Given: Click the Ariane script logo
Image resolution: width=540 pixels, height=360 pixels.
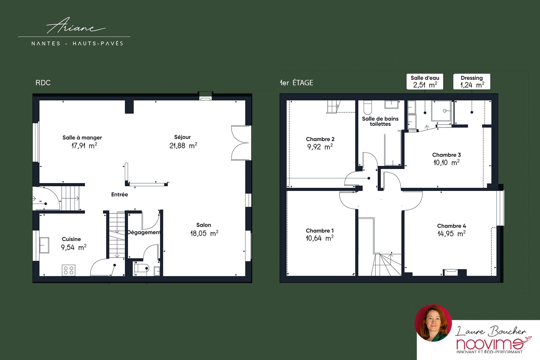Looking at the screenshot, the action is pyautogui.click(x=76, y=26).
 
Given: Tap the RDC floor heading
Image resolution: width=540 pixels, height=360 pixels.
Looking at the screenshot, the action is pyautogui.click(x=43, y=83).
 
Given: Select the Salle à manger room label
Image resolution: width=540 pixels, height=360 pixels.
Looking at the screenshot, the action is pyautogui.click(x=82, y=138).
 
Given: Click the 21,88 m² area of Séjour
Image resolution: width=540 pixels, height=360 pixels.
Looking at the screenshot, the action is pyautogui.click(x=183, y=145).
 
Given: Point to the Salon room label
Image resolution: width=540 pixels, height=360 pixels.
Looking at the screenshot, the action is pyautogui.click(x=204, y=225).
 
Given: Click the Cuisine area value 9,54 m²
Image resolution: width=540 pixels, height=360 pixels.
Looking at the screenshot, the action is pyautogui.click(x=74, y=247).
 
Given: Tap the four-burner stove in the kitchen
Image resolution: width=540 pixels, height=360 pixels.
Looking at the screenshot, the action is pyautogui.click(x=69, y=270).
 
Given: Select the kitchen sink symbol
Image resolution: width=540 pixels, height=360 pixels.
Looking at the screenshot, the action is pyautogui.click(x=44, y=245).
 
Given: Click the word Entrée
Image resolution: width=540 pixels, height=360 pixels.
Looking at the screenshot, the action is pyautogui.click(x=119, y=194).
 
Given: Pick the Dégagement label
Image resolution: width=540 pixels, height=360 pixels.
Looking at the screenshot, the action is pyautogui.click(x=144, y=232).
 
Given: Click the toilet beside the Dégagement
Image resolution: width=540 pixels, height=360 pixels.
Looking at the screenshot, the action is pyautogui.click(x=141, y=268).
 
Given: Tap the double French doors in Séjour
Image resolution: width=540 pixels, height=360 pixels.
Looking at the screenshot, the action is pyautogui.click(x=240, y=143).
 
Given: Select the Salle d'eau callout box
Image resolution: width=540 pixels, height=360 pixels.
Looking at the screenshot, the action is pyautogui.click(x=425, y=81).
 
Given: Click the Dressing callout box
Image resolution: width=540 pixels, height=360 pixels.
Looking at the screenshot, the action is pyautogui.click(x=472, y=81).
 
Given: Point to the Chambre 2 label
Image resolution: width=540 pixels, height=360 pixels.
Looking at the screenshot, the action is pyautogui.click(x=320, y=139).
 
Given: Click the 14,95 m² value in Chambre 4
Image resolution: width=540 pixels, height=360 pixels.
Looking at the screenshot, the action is pyautogui.click(x=452, y=233).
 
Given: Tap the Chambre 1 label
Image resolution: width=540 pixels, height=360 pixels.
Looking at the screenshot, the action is pyautogui.click(x=320, y=230).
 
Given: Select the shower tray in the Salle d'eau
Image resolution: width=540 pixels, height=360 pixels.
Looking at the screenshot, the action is pyautogui.click(x=441, y=111).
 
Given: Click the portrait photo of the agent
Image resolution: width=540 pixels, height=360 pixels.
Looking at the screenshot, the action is pyautogui.click(x=433, y=323).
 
